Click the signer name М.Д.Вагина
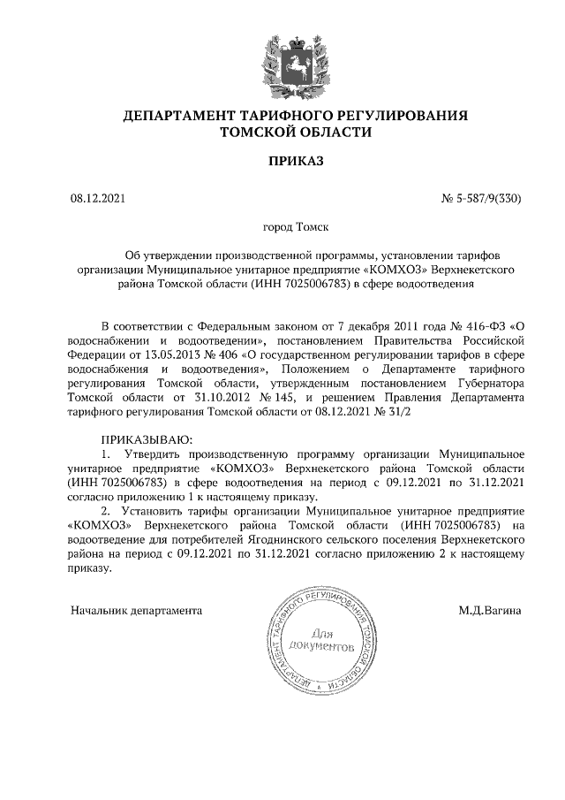(490, 610)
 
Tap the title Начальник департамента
(136, 610)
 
